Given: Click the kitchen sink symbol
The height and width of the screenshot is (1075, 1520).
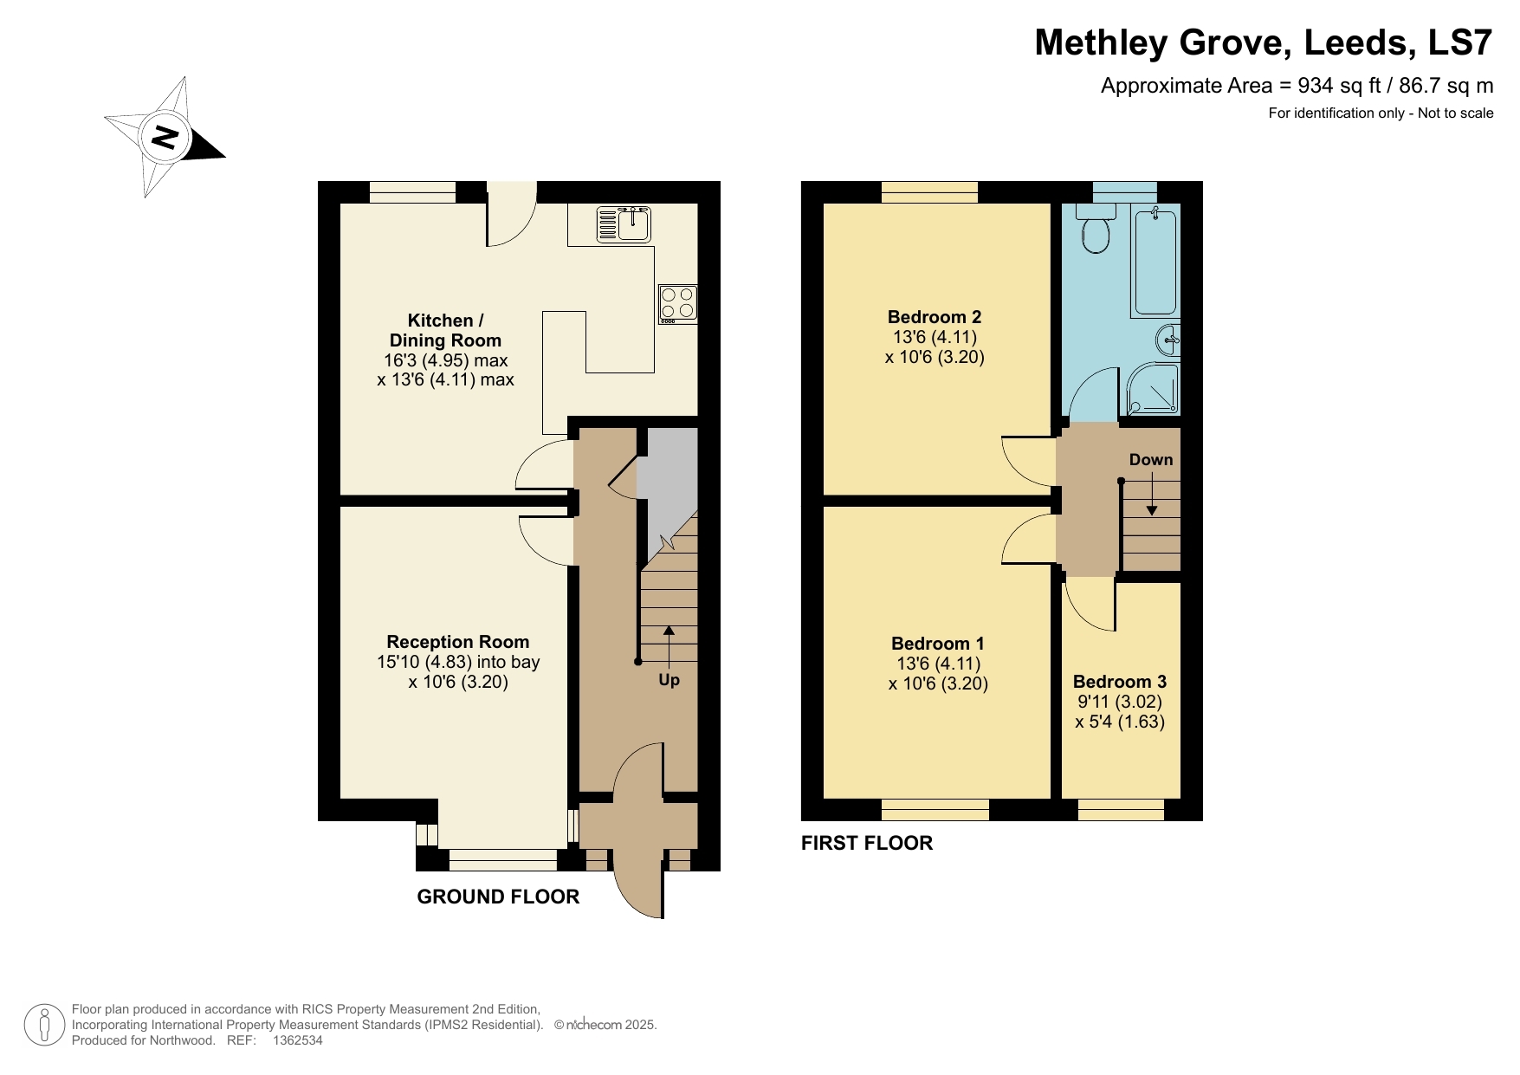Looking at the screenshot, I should pos(624,223).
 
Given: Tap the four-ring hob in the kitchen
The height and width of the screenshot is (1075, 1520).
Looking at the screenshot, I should pos(677,303).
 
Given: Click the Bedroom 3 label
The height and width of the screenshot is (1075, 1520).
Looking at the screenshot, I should pos(1119,682).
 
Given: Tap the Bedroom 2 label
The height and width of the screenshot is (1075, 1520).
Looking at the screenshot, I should pos(934,317).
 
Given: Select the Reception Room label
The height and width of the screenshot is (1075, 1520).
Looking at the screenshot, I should pos(457,642).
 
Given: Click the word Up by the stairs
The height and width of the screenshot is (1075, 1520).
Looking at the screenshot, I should pos(669,680).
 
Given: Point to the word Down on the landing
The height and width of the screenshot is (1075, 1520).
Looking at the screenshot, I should pos(1150,460).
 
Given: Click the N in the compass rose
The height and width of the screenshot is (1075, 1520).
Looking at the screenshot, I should pos(165,137).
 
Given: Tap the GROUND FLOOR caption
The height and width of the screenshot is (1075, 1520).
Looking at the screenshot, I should pos(498,897).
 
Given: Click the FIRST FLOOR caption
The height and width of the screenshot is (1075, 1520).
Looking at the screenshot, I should pos(866,843).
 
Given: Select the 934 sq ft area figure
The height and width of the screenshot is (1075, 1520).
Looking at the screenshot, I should pos(1337,86).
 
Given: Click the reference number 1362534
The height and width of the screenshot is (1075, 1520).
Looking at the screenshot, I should pos(297,1040).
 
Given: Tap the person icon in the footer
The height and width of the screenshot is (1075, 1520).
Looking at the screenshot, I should pos(43,1025).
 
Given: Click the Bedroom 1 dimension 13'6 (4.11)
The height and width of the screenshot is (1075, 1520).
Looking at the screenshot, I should pos(938,664).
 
